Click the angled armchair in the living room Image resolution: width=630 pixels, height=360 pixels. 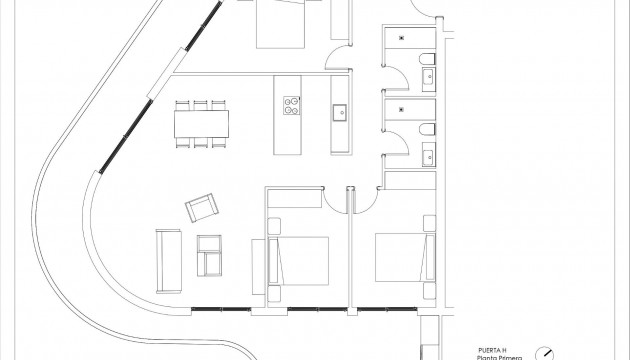[202, 209]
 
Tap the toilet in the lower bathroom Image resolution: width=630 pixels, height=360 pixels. [427, 130]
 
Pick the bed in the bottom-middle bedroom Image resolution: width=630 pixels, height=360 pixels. [300, 258]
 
